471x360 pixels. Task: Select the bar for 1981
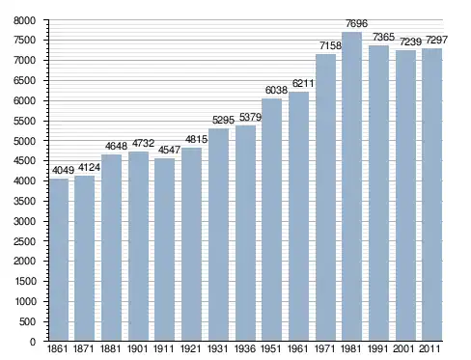click(x=351, y=186)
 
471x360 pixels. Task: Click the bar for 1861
click(x=59, y=260)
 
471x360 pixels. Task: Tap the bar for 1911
click(x=164, y=250)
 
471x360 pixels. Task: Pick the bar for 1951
click(x=271, y=220)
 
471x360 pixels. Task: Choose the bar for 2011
click(x=431, y=195)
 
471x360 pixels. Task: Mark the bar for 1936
click(x=245, y=234)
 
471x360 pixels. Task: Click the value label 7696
click(x=356, y=23)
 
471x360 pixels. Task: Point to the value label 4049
click(x=63, y=170)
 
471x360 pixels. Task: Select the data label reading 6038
click(x=276, y=90)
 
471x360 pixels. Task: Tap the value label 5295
click(x=223, y=120)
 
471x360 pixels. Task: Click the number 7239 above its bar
click(x=410, y=42)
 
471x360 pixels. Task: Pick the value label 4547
click(x=169, y=150)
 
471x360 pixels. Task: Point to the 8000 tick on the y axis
click(x=25, y=21)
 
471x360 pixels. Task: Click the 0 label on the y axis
click(x=33, y=342)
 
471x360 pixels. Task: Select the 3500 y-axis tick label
click(x=25, y=202)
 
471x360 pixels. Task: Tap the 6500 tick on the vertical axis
click(x=25, y=81)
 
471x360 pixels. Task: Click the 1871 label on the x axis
click(x=84, y=348)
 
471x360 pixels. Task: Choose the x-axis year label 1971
click(x=324, y=348)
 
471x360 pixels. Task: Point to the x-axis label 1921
click(x=190, y=348)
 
